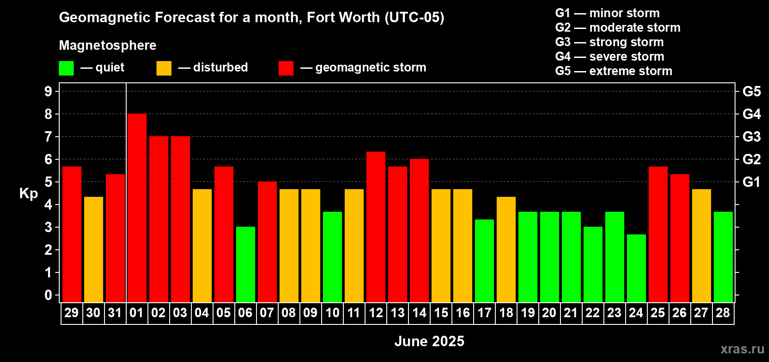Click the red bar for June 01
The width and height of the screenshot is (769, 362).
(x=137, y=208)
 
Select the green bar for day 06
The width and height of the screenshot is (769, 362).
(x=246, y=265)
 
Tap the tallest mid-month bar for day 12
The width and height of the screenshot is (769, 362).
(x=376, y=226)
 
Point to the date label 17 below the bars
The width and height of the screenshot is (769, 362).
(x=484, y=313)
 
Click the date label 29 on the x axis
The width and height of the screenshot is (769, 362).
(x=71, y=313)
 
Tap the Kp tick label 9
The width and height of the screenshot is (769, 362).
(x=48, y=91)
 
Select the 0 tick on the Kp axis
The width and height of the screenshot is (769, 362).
(x=48, y=295)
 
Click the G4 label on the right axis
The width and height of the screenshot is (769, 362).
(x=751, y=114)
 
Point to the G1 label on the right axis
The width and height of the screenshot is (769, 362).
(x=751, y=182)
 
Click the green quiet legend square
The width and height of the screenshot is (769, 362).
(x=66, y=68)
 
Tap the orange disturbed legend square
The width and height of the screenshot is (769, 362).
(x=164, y=68)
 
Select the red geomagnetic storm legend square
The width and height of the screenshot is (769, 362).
(x=286, y=68)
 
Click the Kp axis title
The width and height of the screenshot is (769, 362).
(x=28, y=194)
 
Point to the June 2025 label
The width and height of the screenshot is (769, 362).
(x=429, y=341)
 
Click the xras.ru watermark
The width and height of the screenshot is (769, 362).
(x=742, y=349)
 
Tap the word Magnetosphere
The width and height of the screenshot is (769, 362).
(x=108, y=45)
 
